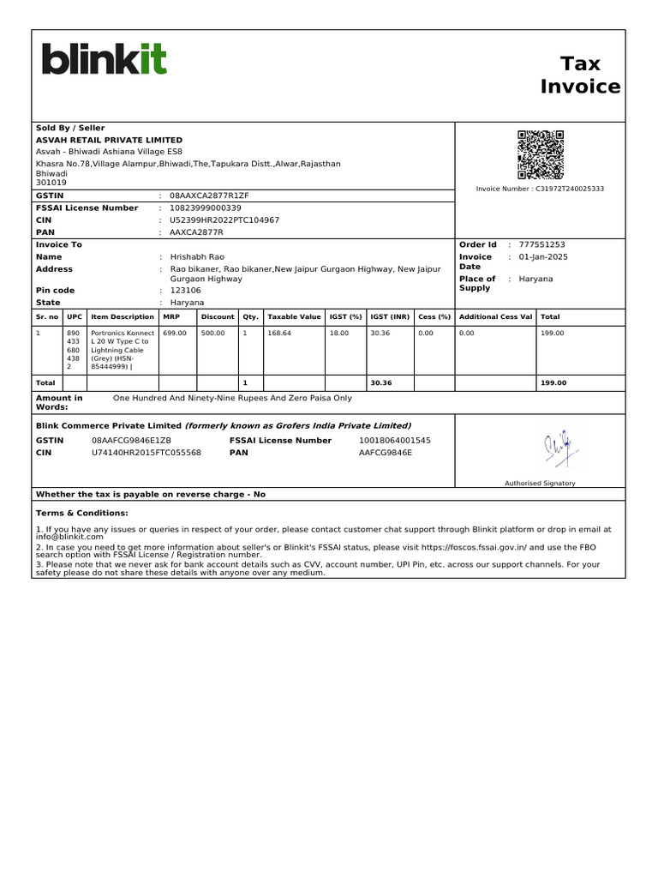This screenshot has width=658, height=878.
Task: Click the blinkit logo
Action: pyautogui.click(x=105, y=59)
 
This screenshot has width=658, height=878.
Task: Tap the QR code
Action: pyautogui.click(x=541, y=153)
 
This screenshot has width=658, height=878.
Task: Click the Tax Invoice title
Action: pyautogui.click(x=580, y=75)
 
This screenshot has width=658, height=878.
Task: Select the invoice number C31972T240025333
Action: pyautogui.click(x=570, y=189)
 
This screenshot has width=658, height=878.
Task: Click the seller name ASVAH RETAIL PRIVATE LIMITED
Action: pyautogui.click(x=109, y=140)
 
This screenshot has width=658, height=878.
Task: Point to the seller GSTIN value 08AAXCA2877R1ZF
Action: pyautogui.click(x=209, y=195)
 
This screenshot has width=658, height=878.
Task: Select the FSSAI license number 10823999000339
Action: pyautogui.click(x=206, y=207)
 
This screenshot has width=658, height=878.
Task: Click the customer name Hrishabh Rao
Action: pyautogui.click(x=197, y=257)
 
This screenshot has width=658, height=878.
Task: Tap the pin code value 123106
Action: pyautogui.click(x=186, y=291)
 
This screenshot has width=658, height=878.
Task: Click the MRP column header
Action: pyautogui.click(x=170, y=316)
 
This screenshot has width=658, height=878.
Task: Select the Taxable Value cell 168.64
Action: pyautogui.click(x=279, y=333)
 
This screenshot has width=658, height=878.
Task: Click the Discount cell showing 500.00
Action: pyautogui.click(x=213, y=333)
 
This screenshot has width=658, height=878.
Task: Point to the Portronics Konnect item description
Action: pyautogui.click(x=122, y=349)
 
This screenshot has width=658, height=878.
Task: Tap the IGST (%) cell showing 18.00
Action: pyautogui.click(x=339, y=333)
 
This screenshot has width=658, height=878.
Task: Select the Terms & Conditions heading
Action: pyautogui.click(x=81, y=513)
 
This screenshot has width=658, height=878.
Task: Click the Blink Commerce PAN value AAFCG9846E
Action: pyautogui.click(x=385, y=452)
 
